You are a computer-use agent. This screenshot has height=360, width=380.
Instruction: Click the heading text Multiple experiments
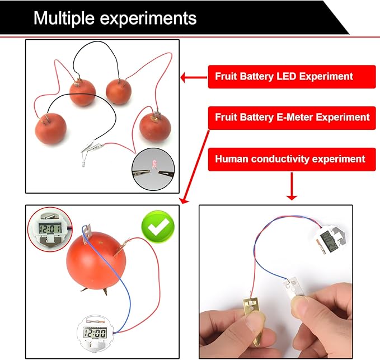(x=115, y=18)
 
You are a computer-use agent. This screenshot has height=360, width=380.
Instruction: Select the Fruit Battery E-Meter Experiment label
(x=292, y=118)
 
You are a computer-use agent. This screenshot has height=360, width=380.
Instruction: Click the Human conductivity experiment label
(x=290, y=159)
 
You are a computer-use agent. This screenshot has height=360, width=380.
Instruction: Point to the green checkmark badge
(x=157, y=227)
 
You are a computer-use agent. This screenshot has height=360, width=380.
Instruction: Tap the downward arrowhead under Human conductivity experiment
(x=292, y=195)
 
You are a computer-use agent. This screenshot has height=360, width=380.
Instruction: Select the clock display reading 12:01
(x=49, y=227)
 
